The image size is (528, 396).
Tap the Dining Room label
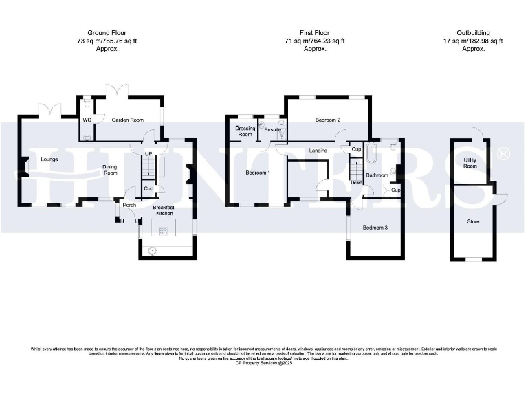tap(110, 170)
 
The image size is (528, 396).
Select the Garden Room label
tap(128, 120)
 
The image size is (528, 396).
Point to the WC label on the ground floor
tap(87, 120)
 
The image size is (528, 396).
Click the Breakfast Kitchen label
tap(164, 211)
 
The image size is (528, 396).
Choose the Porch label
tap(129, 205)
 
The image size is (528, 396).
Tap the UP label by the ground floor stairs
tap(148, 153)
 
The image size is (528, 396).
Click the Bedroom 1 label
tap(258, 173)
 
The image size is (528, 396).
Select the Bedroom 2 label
tap(328, 120)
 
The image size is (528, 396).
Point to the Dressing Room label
tap(245, 131)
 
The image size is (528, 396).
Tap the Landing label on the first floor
tap(318, 151)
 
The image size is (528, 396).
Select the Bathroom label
tap(377, 175)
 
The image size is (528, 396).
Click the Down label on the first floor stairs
tap(356, 183)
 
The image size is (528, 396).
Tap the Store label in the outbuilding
tap(472, 222)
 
